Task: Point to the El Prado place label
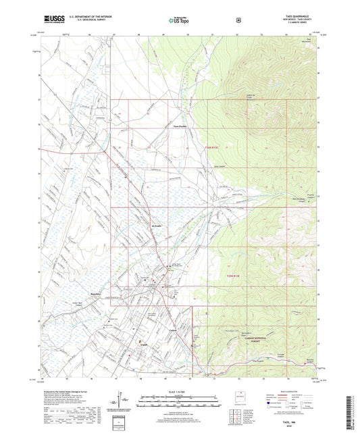[157, 226]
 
